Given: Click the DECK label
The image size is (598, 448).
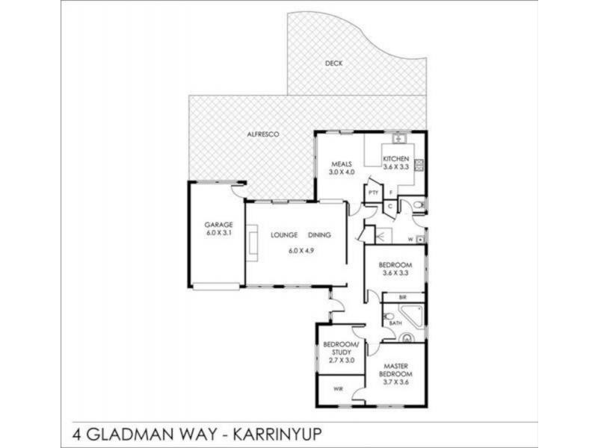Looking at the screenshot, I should pos(333,63).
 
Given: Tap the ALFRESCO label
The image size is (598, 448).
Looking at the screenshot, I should pos(263,134).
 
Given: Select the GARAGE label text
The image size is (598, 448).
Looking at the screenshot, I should pos(220,225).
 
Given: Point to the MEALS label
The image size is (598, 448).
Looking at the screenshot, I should pos(341,164).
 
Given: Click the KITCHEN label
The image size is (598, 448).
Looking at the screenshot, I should pos(395,159).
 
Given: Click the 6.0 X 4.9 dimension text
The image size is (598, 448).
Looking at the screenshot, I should pos(300,250).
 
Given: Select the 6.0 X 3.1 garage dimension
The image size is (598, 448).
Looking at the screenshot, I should pos(220,232).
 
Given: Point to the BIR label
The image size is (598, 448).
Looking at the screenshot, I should pos(402,297).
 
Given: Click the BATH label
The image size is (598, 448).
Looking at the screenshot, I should pos(395,323).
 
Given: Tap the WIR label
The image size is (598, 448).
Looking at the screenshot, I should pos(337,388).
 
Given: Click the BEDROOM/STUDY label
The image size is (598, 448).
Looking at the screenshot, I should pos(340,348).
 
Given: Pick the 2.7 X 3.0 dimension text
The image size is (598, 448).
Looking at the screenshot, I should pos(340,361).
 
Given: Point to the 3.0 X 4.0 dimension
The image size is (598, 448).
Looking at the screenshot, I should pos(341,172).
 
